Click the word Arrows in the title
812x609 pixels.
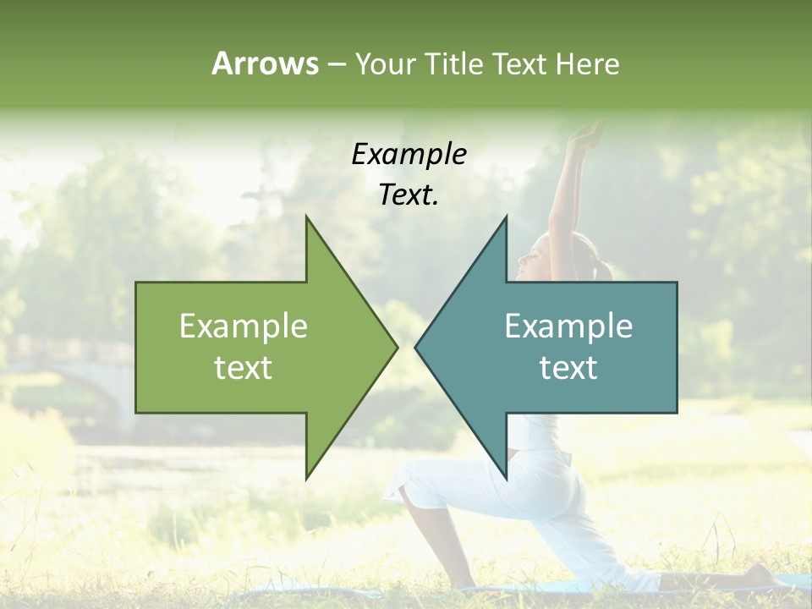click(265, 63)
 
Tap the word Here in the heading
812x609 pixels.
click(588, 63)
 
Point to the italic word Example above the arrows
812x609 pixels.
click(409, 154)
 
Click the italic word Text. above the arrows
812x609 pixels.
click(409, 195)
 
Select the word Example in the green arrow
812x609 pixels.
click(244, 326)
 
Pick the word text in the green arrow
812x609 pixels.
click(244, 368)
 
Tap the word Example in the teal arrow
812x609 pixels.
click(568, 326)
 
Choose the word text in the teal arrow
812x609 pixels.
click(568, 368)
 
